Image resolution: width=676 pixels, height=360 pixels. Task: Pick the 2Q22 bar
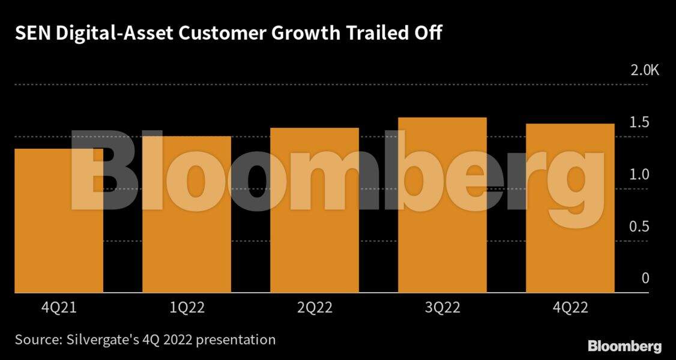[315, 211]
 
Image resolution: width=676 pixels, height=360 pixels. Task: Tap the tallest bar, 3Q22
[442, 205]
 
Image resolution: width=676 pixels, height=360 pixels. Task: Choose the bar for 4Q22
[570, 208]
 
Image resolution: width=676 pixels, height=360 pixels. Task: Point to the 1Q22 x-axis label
[187, 308]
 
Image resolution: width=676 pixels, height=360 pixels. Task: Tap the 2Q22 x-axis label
[315, 308]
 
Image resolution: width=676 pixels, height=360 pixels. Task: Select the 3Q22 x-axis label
[442, 308]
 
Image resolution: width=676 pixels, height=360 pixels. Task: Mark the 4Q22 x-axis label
[570, 308]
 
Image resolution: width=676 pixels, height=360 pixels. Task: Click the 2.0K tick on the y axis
[644, 71]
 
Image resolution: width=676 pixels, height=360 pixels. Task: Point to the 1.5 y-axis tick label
[641, 123]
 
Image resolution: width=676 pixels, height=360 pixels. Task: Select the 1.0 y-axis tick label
[641, 175]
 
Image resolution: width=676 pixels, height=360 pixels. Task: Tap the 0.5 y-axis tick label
[641, 227]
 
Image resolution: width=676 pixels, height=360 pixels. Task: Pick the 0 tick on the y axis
[645, 278]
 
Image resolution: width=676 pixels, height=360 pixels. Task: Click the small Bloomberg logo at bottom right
[624, 346]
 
